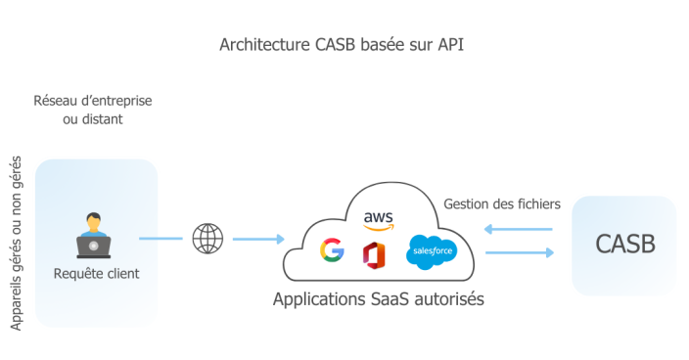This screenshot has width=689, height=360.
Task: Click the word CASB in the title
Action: (x=339, y=45)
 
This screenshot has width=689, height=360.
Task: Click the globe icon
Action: (x=207, y=238)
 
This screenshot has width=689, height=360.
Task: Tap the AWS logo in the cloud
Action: (x=378, y=219)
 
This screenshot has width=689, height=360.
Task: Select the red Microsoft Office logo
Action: (x=374, y=253)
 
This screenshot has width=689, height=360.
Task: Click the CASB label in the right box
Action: (x=623, y=244)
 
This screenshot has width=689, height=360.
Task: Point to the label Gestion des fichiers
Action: (x=502, y=204)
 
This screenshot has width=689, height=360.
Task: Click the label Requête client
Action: (x=96, y=273)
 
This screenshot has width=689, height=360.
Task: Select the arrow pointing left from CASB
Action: (x=519, y=231)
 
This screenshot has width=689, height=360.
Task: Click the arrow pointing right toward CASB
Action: (x=519, y=252)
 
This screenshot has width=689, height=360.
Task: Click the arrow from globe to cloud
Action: (x=257, y=239)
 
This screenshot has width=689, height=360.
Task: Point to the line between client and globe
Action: (x=161, y=238)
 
